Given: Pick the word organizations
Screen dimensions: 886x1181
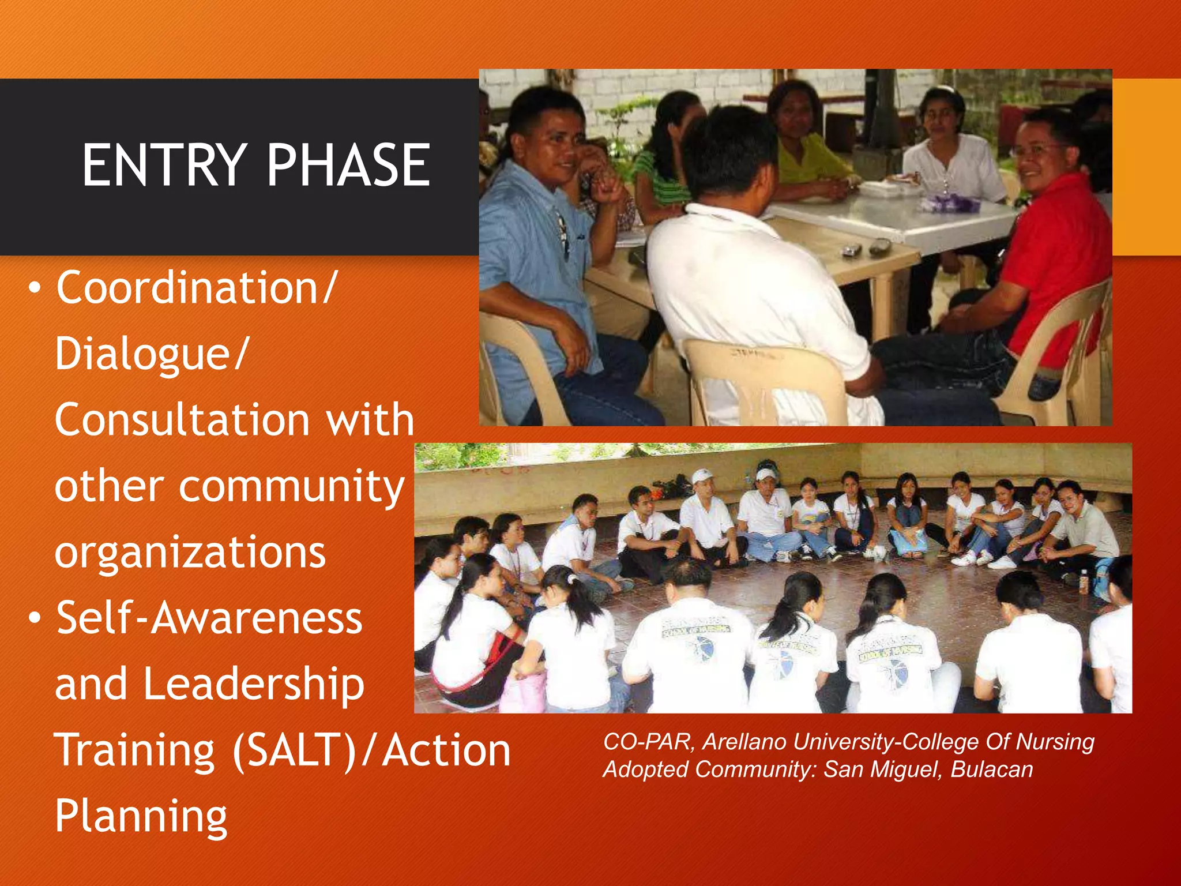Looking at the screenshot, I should pyautogui.click(x=190, y=553).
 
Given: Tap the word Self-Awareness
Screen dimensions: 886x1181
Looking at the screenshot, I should pyautogui.click(x=209, y=618).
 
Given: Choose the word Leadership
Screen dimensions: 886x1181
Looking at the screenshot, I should pyautogui.click(x=254, y=684).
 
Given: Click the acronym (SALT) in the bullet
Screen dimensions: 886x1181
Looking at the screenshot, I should pyautogui.click(x=295, y=750).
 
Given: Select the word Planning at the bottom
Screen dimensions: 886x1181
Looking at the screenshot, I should pyautogui.click(x=141, y=817).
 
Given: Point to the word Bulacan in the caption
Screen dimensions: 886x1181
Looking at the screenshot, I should pyautogui.click(x=991, y=769).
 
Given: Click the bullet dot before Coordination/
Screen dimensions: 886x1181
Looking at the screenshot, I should pyautogui.click(x=35, y=288).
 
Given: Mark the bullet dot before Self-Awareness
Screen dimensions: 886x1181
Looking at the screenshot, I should pyautogui.click(x=35, y=619).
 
